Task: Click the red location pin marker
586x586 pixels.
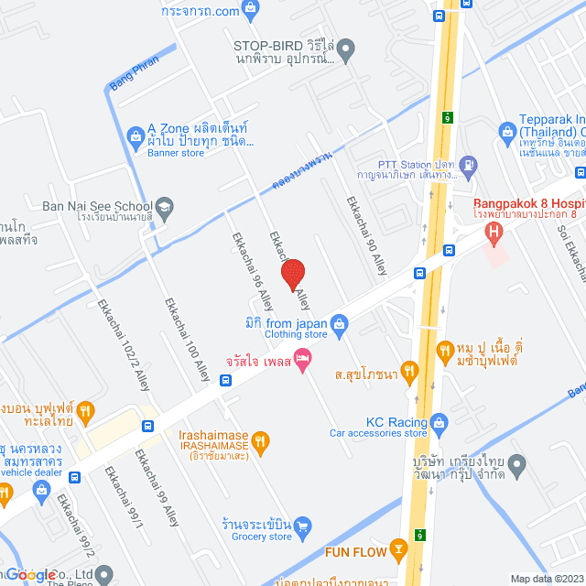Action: (x=293, y=274)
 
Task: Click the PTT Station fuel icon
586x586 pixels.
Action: (x=469, y=167)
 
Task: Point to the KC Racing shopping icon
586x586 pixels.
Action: (x=439, y=422)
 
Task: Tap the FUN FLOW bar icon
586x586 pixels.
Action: (x=398, y=550)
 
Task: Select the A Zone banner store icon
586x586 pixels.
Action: (x=135, y=138)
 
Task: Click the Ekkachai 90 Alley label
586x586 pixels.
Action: (x=366, y=236)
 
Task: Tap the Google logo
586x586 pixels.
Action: (x=32, y=574)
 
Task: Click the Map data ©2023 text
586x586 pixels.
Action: (x=546, y=578)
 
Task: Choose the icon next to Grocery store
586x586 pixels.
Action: (x=303, y=526)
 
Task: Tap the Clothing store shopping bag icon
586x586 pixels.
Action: (x=340, y=322)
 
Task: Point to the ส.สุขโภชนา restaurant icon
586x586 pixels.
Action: (x=408, y=371)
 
